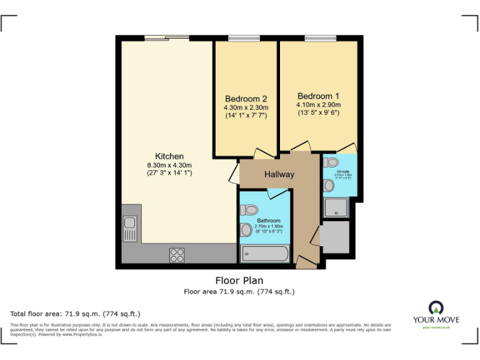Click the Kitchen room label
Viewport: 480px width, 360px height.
pyautogui.click(x=169, y=156)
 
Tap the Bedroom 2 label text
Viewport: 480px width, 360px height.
pyautogui.click(x=246, y=99)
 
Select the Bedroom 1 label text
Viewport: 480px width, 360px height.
pyautogui.click(x=318, y=96)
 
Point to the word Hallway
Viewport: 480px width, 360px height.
pyautogui.click(x=279, y=174)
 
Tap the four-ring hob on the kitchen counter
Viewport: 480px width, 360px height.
pyautogui.click(x=177, y=254)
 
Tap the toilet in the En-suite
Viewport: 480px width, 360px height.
pyautogui.click(x=331, y=162)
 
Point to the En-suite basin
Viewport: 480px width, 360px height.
pyautogui.click(x=328, y=185)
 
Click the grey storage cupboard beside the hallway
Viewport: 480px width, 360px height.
pyautogui.click(x=336, y=237)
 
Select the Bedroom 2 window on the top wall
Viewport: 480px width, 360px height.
pyautogui.click(x=244, y=38)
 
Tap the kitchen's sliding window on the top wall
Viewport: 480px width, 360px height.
pyautogui.click(x=166, y=38)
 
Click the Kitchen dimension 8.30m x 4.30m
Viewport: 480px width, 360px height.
pyautogui.click(x=169, y=165)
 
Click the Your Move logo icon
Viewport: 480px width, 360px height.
pyautogui.click(x=435, y=307)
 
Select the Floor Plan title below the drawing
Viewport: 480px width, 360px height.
pyautogui.click(x=239, y=281)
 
